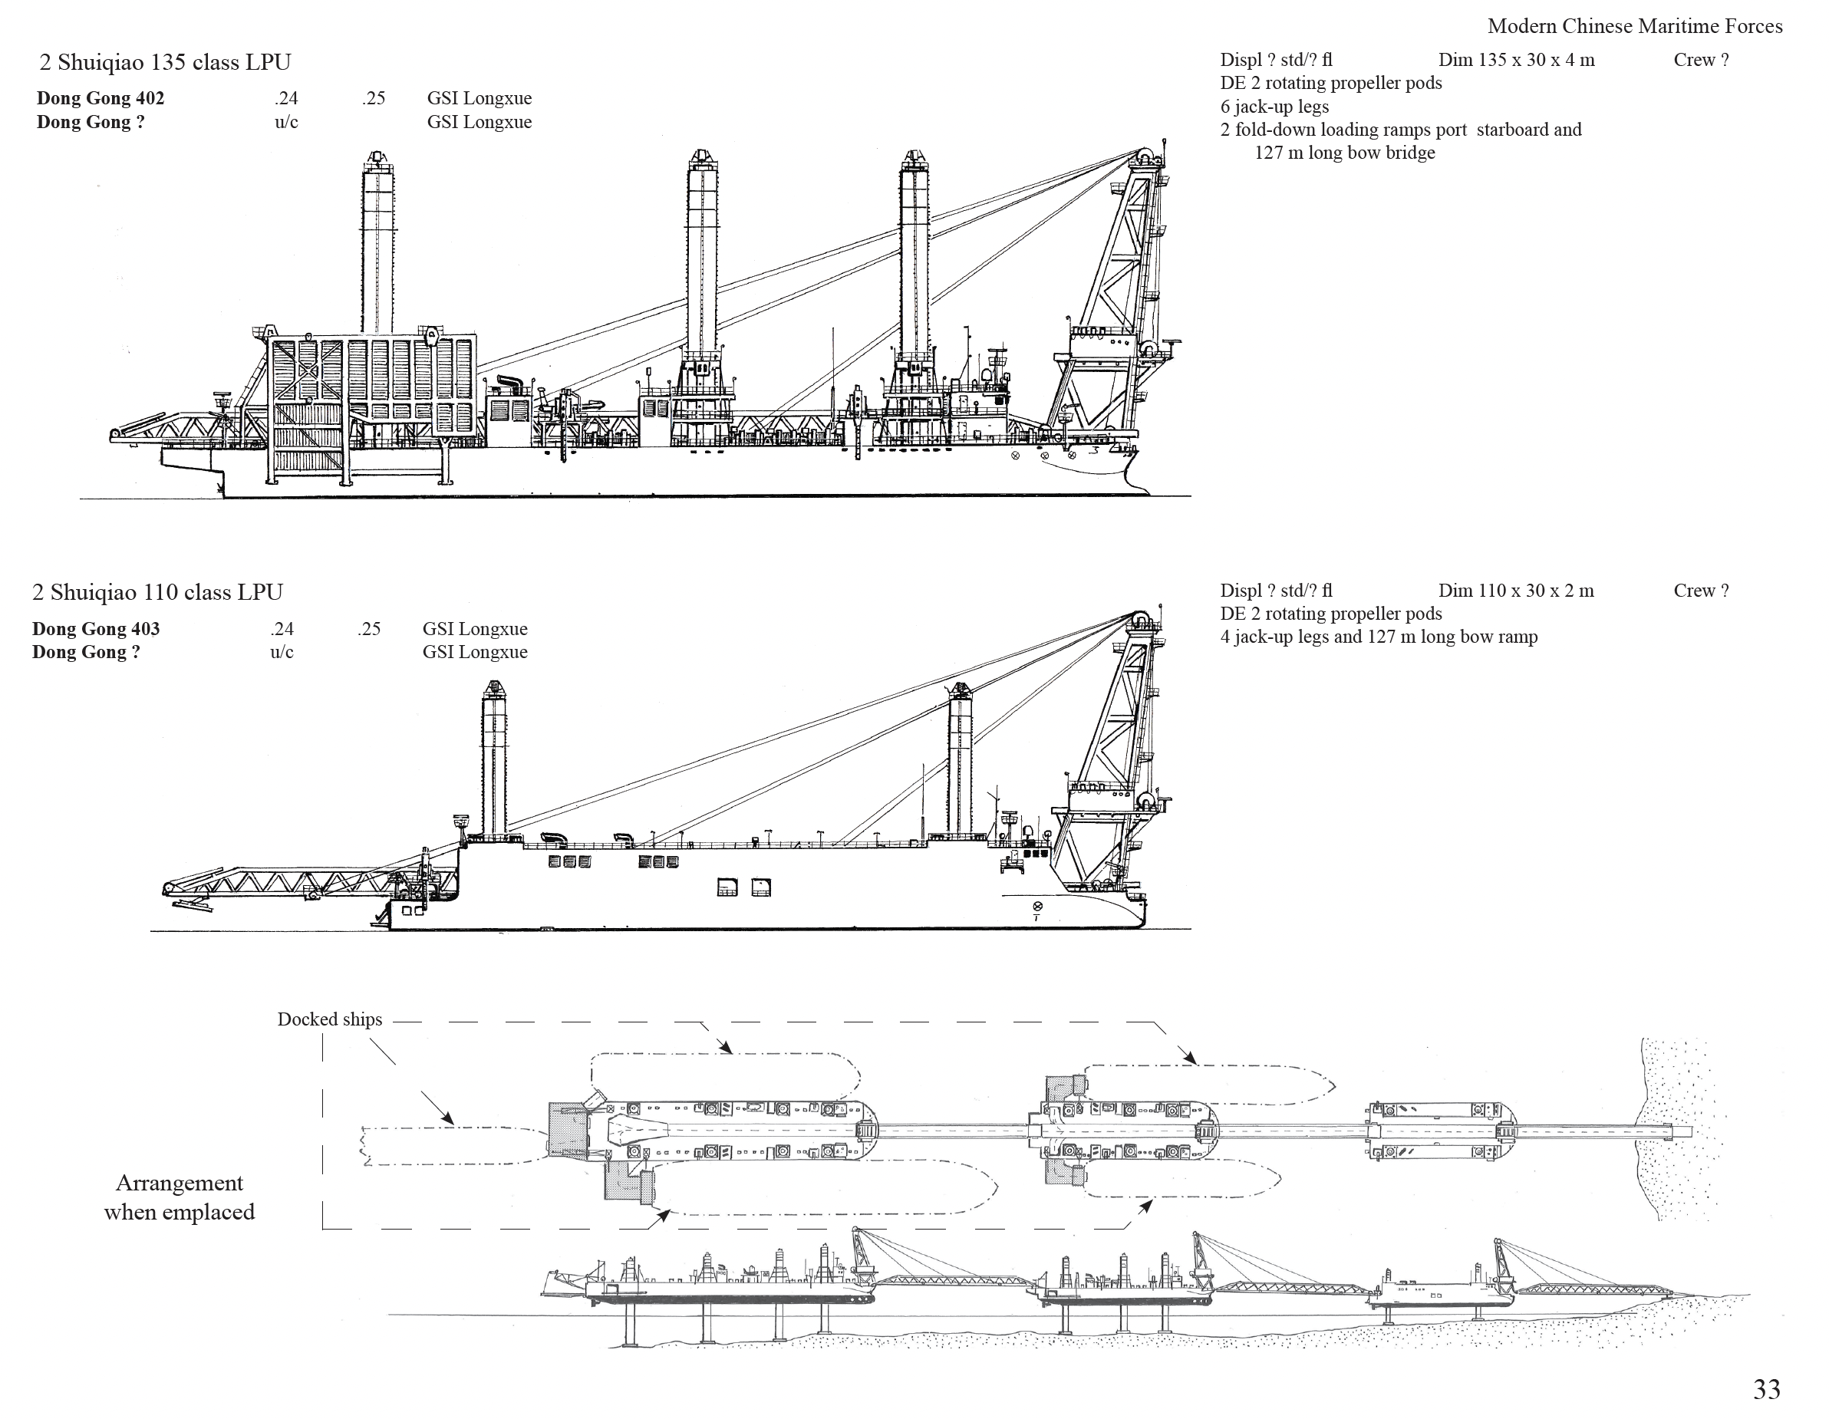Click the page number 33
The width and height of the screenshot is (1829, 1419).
[1766, 1389]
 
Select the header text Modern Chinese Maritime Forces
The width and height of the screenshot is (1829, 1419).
[1634, 26]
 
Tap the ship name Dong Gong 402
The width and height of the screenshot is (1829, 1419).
[101, 98]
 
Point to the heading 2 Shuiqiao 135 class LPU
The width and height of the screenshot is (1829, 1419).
[165, 62]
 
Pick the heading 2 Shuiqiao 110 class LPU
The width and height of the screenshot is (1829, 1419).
[157, 592]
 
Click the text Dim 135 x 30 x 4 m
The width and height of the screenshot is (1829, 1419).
[1516, 59]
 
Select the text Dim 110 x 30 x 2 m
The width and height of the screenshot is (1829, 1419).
[1516, 590]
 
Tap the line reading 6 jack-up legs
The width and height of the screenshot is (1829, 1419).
[1274, 107]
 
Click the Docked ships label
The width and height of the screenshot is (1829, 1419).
[329, 1019]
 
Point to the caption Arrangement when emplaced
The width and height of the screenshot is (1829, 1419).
[180, 1197]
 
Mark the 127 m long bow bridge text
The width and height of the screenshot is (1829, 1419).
[1344, 153]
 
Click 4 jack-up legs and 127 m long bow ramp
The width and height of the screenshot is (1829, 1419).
[1379, 636]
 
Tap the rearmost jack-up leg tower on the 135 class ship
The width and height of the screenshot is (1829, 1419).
[377, 243]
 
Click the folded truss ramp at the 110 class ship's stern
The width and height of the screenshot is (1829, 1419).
[310, 883]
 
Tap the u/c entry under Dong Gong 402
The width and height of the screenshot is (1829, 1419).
[286, 122]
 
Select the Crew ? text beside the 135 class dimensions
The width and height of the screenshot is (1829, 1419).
[1700, 59]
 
